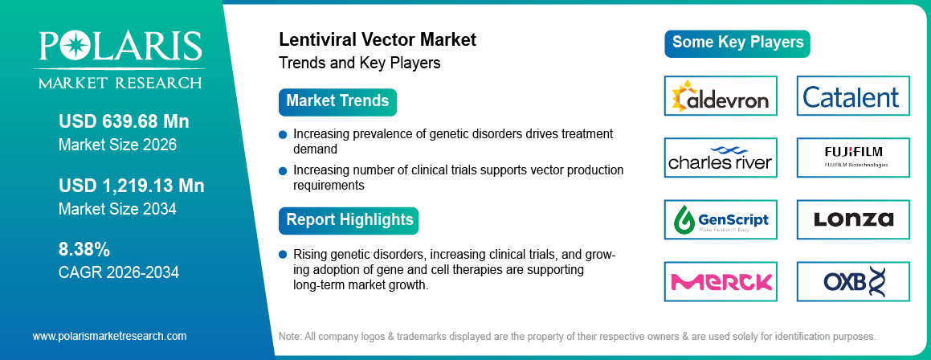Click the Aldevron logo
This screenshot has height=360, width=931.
pos(721,96)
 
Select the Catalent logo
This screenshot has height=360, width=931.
pos(852,96)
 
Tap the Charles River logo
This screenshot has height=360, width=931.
pos(721,158)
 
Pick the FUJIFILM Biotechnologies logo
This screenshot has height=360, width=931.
pos(852,158)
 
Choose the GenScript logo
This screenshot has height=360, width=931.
pos(721,219)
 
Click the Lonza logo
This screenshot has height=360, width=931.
pos(852,219)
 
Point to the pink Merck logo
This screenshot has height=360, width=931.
pos(721,281)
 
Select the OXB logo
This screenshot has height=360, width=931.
pos(852,281)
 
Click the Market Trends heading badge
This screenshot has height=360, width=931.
pos(337,102)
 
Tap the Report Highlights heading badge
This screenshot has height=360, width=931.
pos(349,220)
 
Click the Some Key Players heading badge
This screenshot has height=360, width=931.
pos(737,43)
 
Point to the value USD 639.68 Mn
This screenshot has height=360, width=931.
pos(124,122)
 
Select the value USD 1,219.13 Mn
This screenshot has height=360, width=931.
pos(132,186)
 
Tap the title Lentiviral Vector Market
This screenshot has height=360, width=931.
pos(377,39)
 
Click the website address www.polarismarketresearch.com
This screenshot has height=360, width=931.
pos(109,336)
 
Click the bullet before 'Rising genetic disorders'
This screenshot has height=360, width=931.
pos(283,255)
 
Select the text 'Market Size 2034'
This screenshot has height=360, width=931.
pos(117,209)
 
